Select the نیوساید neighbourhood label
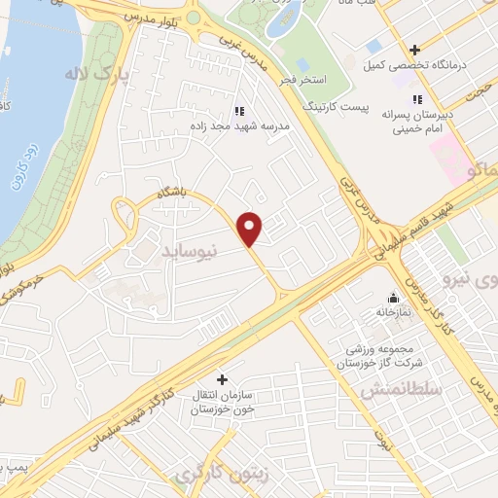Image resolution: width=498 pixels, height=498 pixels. point(190,251)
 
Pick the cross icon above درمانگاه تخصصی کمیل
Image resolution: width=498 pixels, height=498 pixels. point(414,50)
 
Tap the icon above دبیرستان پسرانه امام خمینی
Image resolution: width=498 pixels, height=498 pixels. point(416,98)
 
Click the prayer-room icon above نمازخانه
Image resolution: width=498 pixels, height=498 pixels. point(392,298)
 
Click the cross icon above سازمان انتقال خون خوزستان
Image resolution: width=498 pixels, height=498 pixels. point(222,379)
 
